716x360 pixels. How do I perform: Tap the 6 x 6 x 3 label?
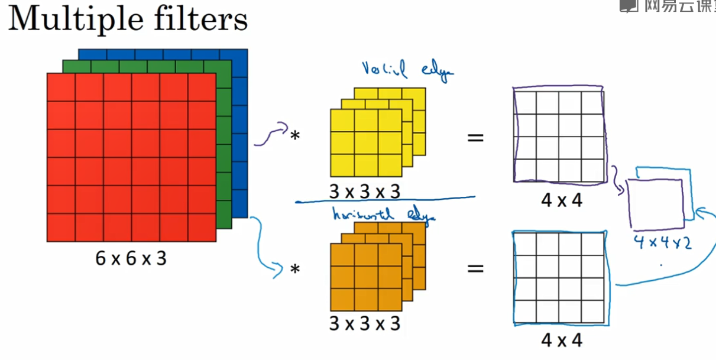click(131, 258)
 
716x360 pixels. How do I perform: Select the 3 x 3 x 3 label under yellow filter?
click(365, 192)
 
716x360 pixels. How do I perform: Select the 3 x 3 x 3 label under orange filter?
click(365, 323)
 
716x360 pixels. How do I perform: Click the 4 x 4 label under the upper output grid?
click(561, 200)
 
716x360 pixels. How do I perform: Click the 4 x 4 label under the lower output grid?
click(561, 340)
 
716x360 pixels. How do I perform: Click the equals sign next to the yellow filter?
click(475, 138)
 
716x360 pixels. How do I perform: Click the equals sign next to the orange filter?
click(475, 269)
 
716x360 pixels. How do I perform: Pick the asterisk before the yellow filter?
click(294, 136)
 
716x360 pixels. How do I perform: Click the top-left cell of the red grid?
click(61, 87)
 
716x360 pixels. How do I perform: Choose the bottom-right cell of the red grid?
click(202, 228)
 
